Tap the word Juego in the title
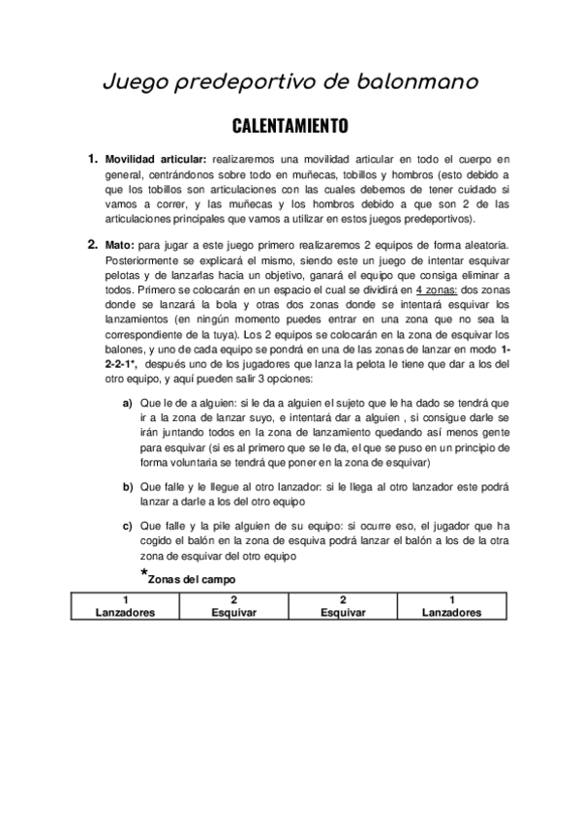[136, 84]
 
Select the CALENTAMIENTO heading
[289, 127]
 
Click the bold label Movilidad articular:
[156, 159]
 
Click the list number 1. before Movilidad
[92, 158]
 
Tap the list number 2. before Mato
[92, 244]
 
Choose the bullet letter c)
[128, 526]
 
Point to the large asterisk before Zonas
[143, 574]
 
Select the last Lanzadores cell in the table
[451, 613]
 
